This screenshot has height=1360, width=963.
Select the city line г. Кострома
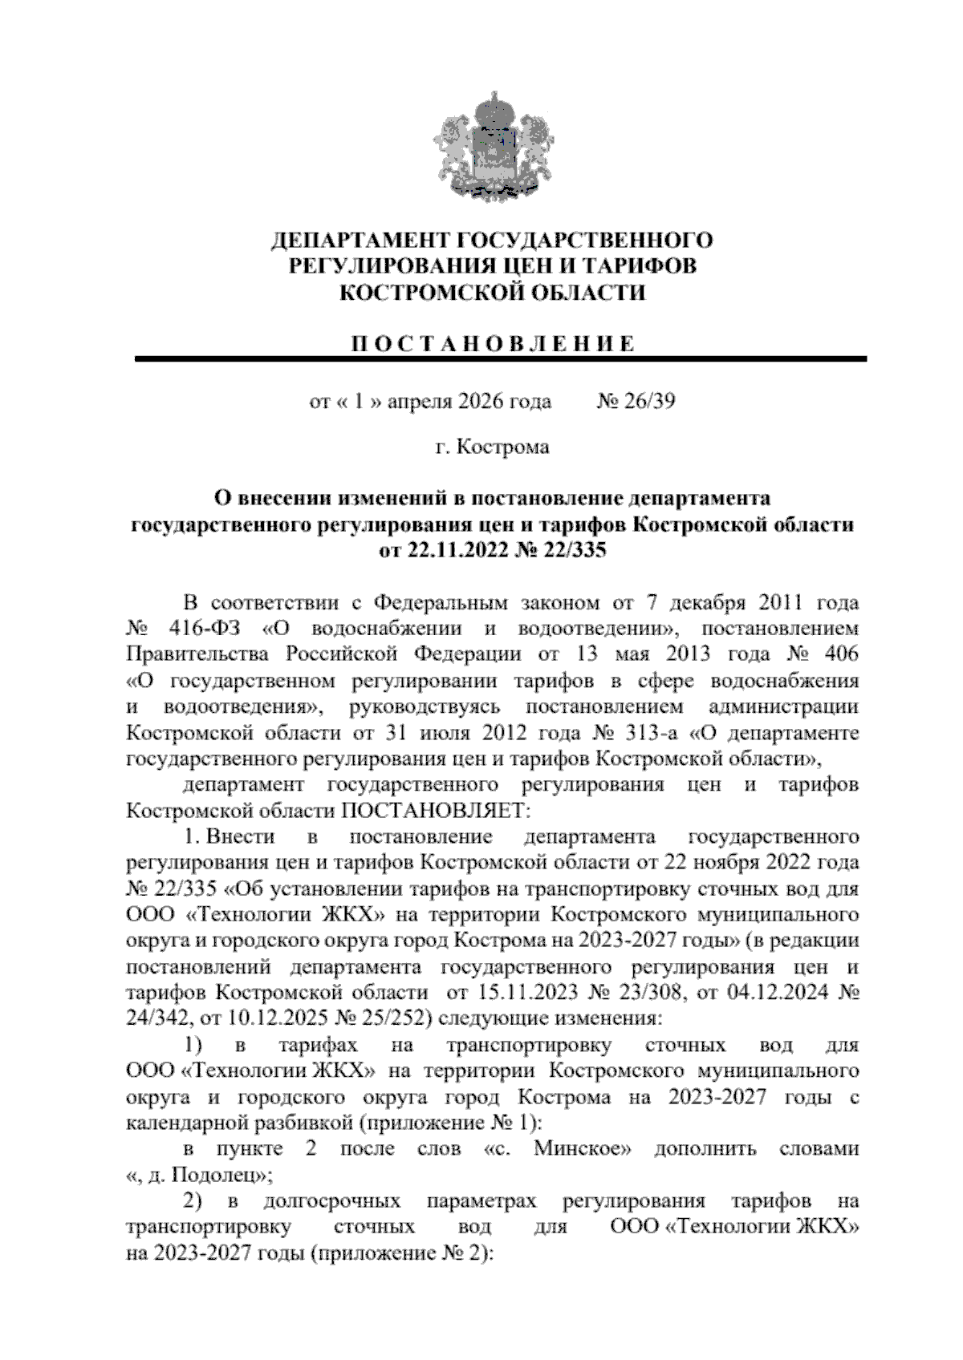pos(492,447)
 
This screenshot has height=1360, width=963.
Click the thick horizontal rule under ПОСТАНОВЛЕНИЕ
pos(502,359)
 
